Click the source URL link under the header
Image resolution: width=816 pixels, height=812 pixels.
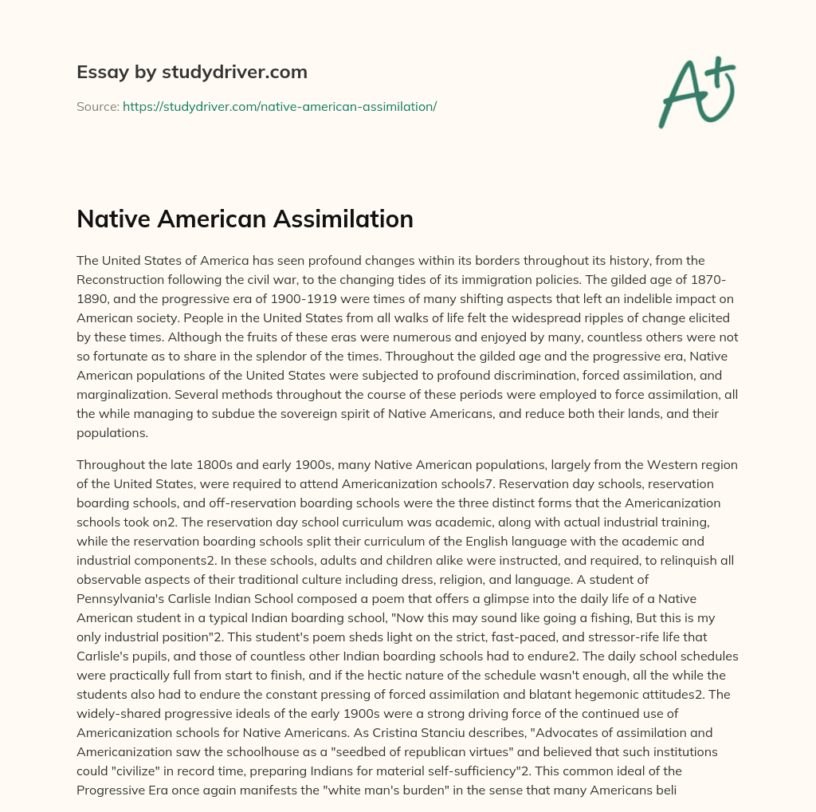(x=280, y=106)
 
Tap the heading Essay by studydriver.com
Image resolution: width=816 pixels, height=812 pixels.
(x=192, y=73)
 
